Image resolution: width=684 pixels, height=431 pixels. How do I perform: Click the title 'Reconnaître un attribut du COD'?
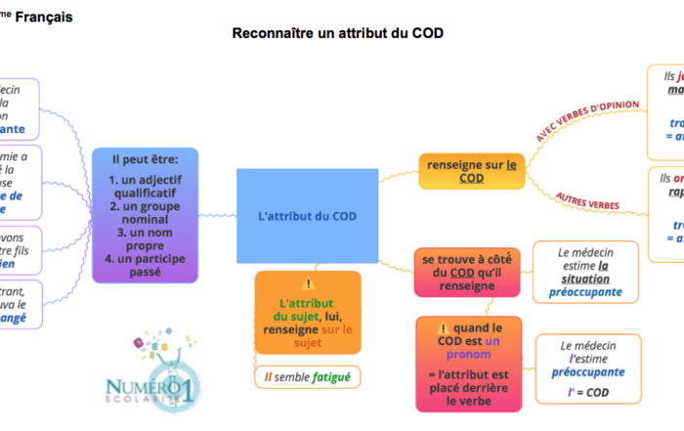338,33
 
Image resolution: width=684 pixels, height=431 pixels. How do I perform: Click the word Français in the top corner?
44,17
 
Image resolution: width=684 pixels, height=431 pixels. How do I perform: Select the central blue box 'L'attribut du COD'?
307,215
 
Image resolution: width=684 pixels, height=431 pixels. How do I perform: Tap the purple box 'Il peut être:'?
145,157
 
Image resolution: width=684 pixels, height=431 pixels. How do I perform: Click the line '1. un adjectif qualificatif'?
145,187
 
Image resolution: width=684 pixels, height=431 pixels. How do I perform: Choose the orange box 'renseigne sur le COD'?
471,171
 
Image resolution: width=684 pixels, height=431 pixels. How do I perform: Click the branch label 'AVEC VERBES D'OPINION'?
588,120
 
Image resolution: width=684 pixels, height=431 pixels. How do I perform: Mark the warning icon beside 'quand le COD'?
443,328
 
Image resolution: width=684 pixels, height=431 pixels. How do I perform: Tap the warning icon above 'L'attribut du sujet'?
308,282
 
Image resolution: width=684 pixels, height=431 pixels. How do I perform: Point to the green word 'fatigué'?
327,375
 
